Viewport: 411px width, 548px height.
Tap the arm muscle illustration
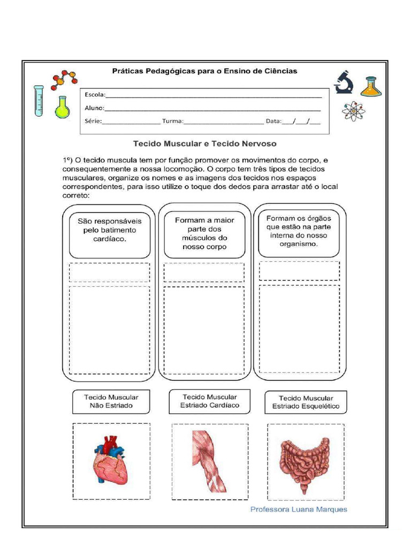click(x=209, y=461)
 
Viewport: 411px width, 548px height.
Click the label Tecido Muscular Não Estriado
click(x=111, y=401)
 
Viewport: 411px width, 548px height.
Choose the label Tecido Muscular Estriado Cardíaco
click(x=209, y=401)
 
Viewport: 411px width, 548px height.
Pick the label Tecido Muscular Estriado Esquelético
click(x=306, y=402)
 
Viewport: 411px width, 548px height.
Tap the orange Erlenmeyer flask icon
click(x=371, y=86)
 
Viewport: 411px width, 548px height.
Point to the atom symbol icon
click(x=353, y=111)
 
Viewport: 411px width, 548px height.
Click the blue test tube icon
click(x=39, y=101)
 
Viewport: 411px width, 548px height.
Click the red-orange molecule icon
click(x=64, y=79)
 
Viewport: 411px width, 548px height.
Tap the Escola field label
click(x=95, y=95)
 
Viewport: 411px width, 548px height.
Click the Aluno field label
click(x=95, y=108)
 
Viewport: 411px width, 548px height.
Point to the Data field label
click(x=273, y=121)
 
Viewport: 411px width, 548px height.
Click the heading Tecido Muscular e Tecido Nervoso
click(x=204, y=143)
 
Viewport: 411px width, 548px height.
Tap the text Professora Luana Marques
click(x=299, y=509)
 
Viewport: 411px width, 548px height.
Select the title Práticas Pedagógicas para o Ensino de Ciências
click(x=204, y=71)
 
